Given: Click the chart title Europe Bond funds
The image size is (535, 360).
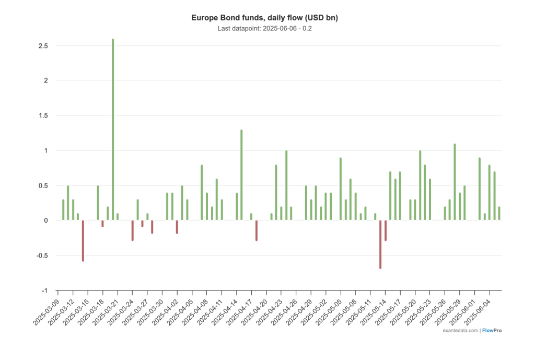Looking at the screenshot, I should (x=264, y=18).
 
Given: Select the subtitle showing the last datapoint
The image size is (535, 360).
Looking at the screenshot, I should (x=264, y=28).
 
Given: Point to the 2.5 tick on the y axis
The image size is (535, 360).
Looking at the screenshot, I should (x=43, y=46).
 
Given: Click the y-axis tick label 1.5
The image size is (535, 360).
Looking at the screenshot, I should (x=43, y=115).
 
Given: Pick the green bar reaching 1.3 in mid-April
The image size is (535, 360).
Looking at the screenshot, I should (x=241, y=175).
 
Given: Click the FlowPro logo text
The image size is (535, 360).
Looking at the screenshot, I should (x=492, y=330).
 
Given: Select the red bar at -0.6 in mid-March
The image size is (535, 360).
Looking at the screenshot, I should (x=83, y=241).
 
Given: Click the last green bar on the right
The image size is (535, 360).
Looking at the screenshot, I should (x=499, y=213).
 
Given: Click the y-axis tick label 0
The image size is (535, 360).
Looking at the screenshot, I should (x=46, y=220).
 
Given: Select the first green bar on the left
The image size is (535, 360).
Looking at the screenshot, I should (x=63, y=210).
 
